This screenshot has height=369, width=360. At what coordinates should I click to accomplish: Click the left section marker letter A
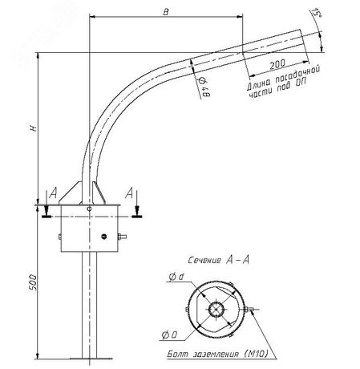tap(53, 195)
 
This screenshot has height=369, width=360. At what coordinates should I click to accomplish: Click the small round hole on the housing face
tap(105, 236)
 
